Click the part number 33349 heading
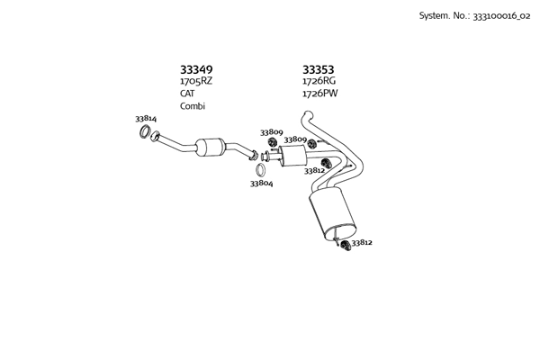point(196,69)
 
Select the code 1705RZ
point(196,81)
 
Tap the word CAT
point(187,94)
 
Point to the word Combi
point(193,106)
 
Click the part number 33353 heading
point(318,69)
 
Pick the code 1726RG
point(319,81)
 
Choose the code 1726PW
point(319,94)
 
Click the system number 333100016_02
point(497,15)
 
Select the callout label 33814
point(146,119)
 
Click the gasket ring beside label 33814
point(144,134)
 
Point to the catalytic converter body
point(211,147)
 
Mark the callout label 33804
point(261,184)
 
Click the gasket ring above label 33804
point(260,169)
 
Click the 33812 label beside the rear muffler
point(362,242)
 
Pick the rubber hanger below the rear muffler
point(346,245)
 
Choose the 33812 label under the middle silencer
point(314,170)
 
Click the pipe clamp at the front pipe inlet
point(156,137)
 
